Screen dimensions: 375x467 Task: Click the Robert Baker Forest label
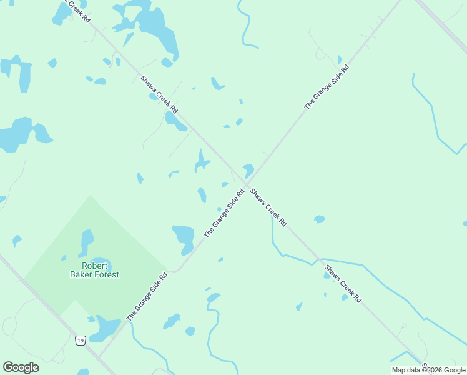(95, 270)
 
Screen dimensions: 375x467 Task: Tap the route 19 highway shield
(80, 340)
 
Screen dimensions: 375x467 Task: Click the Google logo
(21, 367)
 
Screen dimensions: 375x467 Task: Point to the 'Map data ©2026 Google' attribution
(429, 370)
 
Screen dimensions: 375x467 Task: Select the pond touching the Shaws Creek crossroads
(248, 169)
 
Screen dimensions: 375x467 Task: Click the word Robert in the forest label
(95, 266)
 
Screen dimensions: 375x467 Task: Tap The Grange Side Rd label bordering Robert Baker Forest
(147, 297)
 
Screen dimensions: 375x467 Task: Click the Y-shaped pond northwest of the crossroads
(201, 161)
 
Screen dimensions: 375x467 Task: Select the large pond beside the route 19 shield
(105, 329)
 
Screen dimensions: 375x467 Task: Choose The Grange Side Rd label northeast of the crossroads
(326, 87)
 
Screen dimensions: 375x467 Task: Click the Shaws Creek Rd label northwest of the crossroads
(159, 94)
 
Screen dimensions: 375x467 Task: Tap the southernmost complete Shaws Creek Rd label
(342, 283)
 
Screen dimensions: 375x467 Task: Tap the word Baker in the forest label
(84, 274)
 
